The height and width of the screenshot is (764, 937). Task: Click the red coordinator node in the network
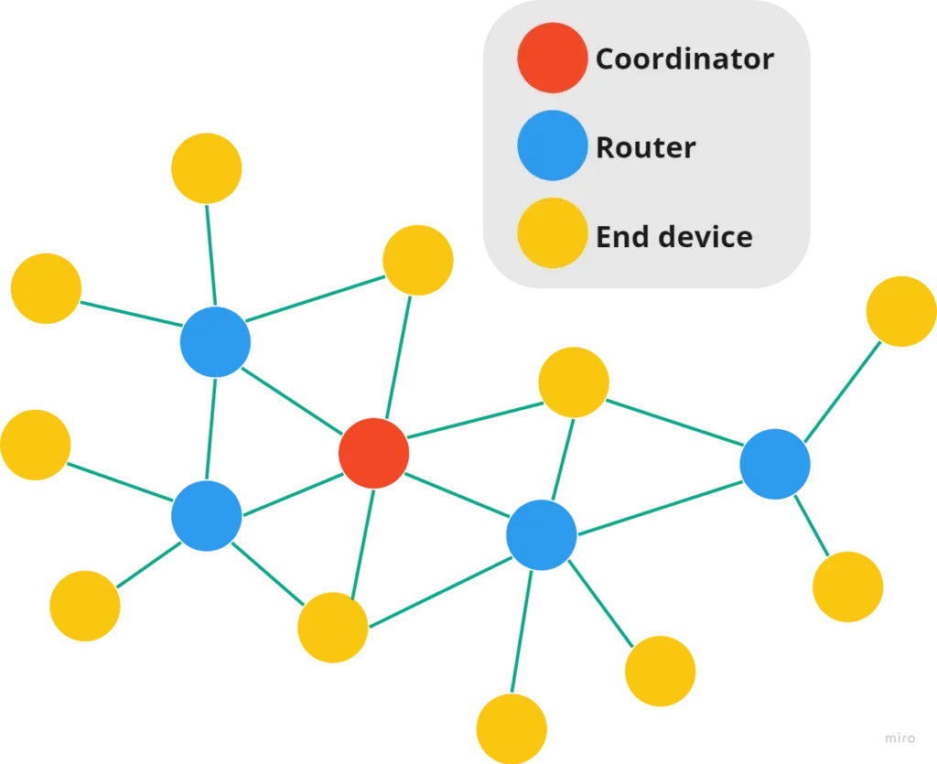coord(373,453)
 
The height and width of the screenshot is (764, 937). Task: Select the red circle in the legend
coord(552,58)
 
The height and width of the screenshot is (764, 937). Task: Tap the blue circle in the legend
coord(552,145)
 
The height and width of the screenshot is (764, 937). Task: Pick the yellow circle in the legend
coord(552,233)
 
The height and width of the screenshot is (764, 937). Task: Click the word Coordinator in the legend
coord(684,59)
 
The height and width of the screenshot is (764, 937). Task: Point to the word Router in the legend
coord(645,147)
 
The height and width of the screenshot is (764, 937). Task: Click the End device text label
coord(674,237)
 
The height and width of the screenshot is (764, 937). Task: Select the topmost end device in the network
coord(207,168)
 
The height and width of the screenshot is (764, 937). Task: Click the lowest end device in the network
coord(512,728)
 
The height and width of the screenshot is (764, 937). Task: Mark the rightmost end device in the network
coord(901,311)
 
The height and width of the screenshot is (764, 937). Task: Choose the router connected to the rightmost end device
coord(775,464)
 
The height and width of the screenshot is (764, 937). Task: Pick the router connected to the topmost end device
coord(215,342)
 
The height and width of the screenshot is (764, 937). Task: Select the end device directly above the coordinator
coord(417,260)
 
